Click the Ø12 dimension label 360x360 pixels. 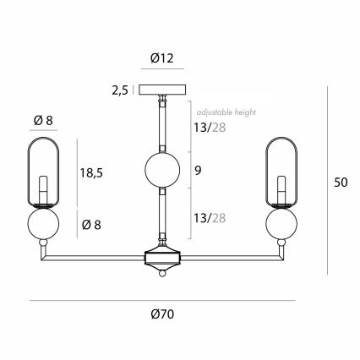coord(162,58)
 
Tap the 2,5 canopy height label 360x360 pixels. coord(120,90)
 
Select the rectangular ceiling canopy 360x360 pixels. coord(162,90)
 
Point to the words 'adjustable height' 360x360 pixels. coord(226,112)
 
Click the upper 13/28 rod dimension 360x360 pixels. coord(210,128)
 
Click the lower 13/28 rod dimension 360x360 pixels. coord(210,218)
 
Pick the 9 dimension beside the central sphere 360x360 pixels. coord(198,171)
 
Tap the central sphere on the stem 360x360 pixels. coord(162,170)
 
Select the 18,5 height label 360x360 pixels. coord(91,172)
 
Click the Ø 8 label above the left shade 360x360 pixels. coord(43,121)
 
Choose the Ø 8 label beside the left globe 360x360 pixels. coord(91,225)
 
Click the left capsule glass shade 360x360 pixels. coord(43,172)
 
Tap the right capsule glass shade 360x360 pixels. coord(281,172)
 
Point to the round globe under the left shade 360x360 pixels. coord(43,223)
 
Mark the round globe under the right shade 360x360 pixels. coord(281,223)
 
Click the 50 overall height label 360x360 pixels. coord(341,183)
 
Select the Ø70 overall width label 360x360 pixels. coord(162,314)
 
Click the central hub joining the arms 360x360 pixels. coord(162,259)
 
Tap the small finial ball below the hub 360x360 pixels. coord(162,273)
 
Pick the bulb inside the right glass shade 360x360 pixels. coord(281,190)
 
